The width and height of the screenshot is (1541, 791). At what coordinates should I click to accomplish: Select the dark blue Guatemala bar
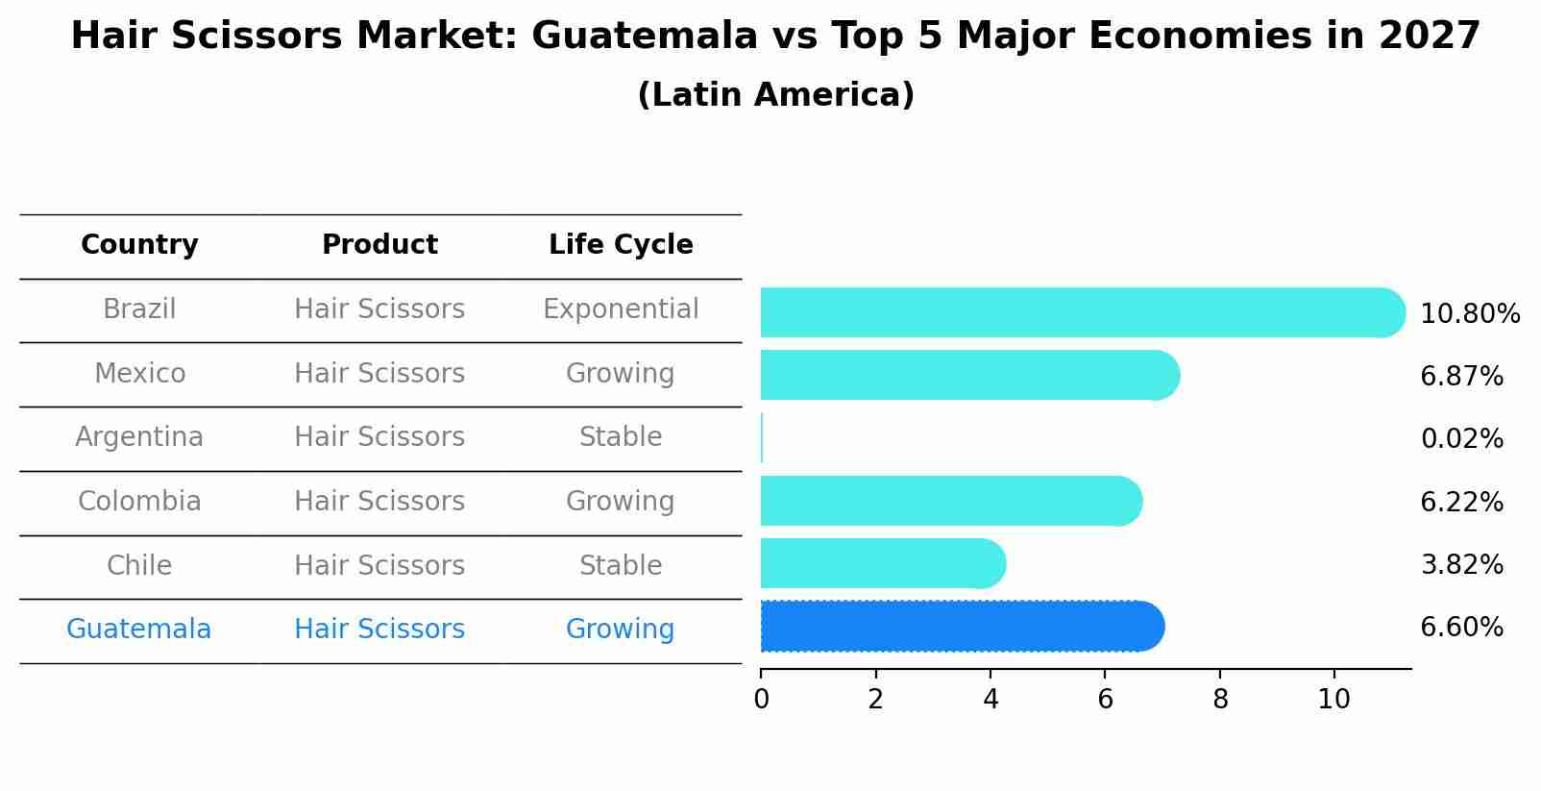[x=961, y=627]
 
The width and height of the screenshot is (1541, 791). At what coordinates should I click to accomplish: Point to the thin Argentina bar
[x=762, y=438]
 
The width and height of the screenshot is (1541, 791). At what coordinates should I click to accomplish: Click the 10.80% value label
[x=1469, y=314]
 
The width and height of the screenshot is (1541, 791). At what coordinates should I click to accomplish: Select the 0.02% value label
[x=1461, y=439]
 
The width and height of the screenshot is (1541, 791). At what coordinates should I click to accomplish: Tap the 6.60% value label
[x=1461, y=628]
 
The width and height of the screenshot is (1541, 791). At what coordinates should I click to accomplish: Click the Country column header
[x=139, y=245]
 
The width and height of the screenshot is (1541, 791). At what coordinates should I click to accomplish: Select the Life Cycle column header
[x=621, y=245]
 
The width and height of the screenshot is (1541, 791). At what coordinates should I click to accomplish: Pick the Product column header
[x=379, y=245]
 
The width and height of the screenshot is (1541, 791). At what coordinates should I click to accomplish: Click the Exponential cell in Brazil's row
[x=621, y=309]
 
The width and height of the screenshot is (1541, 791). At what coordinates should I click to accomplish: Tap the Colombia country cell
[x=139, y=502]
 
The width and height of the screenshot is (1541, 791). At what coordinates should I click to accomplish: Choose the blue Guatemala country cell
[x=139, y=630]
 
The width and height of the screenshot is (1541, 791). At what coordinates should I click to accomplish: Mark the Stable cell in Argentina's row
[x=621, y=437]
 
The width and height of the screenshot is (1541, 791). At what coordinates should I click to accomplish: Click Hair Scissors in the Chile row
[x=379, y=565]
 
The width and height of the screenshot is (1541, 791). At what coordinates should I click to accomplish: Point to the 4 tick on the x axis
[x=991, y=700]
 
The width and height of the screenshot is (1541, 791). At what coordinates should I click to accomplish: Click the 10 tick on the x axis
[x=1333, y=700]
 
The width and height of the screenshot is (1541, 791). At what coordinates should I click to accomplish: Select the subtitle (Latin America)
[x=775, y=95]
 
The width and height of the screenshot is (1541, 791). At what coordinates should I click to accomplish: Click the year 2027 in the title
[x=1430, y=37]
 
